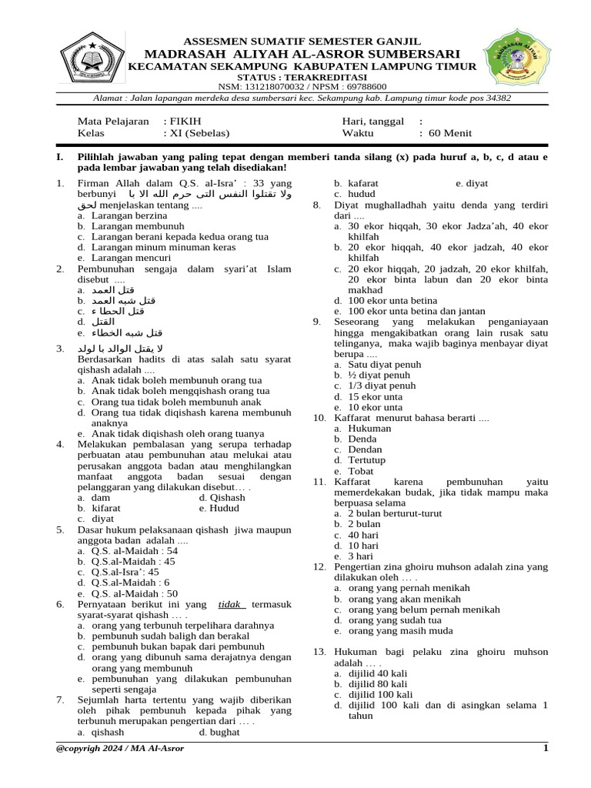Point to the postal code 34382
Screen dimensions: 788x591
(x=493, y=98)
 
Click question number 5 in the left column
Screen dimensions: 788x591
(x=59, y=529)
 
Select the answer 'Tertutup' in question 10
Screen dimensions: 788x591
(x=367, y=460)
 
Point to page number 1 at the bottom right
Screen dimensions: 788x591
(x=546, y=748)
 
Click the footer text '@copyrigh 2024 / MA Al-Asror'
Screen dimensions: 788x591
(x=120, y=748)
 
